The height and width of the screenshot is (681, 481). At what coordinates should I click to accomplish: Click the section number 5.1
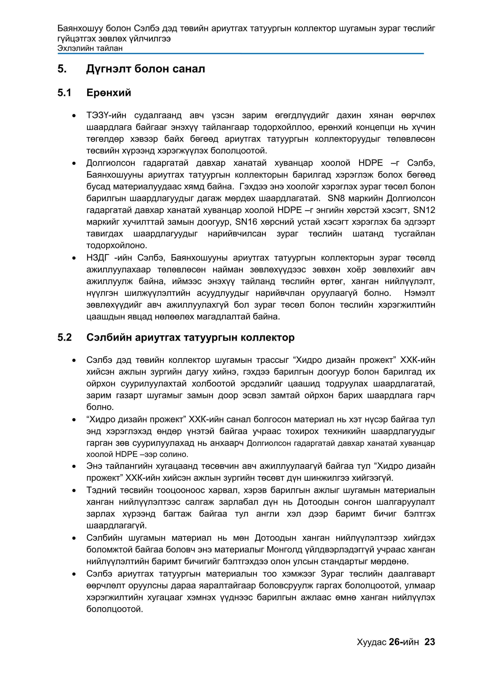64,93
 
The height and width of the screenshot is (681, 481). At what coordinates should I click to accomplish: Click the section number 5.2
64,338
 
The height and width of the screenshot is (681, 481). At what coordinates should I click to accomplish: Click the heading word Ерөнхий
109,93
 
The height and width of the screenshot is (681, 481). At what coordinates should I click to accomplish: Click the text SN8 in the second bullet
336,198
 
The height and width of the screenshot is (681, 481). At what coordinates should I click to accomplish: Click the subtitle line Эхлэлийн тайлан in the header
90,48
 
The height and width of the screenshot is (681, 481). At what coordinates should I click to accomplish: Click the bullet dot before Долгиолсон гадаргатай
74,163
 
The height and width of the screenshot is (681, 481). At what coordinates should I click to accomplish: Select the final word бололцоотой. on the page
114,609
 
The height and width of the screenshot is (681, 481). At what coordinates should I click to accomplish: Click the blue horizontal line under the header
240,54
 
